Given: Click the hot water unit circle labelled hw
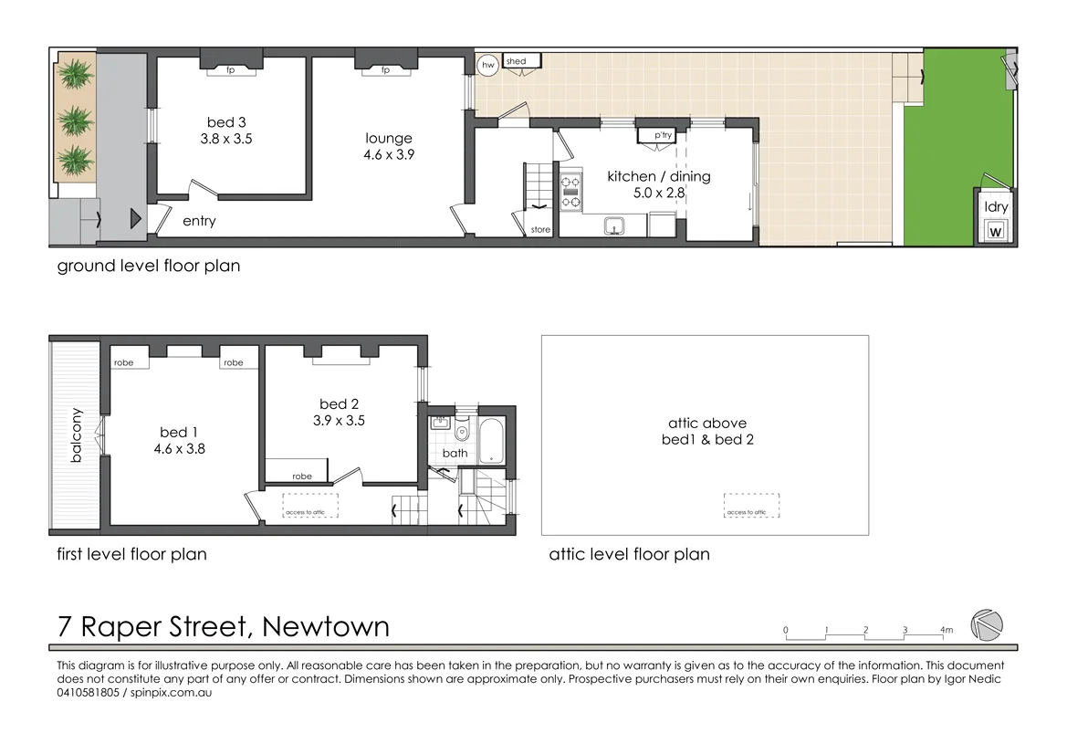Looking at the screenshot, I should (488, 65).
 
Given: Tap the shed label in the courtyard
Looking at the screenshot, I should (516, 61).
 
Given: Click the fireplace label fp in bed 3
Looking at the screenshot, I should (231, 70).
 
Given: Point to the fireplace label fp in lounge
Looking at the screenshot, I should (385, 70).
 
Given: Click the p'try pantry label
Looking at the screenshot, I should (662, 136).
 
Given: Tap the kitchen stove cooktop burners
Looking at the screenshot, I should (570, 193).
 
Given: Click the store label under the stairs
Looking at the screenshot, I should (540, 230).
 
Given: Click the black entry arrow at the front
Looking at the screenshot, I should (134, 219).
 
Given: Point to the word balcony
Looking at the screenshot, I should (77, 435).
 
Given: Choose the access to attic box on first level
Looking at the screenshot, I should (310, 507).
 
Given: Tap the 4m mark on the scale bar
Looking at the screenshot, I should (946, 630).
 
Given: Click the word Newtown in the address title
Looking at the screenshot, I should (325, 627).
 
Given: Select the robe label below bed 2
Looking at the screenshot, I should (301, 476).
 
